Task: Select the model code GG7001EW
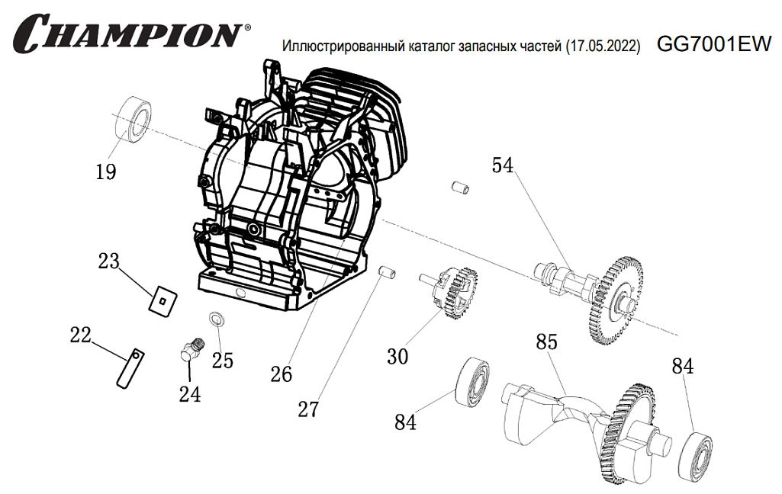coord(714,45)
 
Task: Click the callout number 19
coord(106,172)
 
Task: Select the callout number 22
coord(80,335)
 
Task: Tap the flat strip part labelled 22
coord(130,368)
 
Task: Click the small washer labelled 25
coord(216,318)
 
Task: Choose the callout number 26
coord(282,374)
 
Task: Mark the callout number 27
coord(307,409)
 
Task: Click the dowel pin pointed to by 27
coord(387,272)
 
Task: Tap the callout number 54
coord(503,165)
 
